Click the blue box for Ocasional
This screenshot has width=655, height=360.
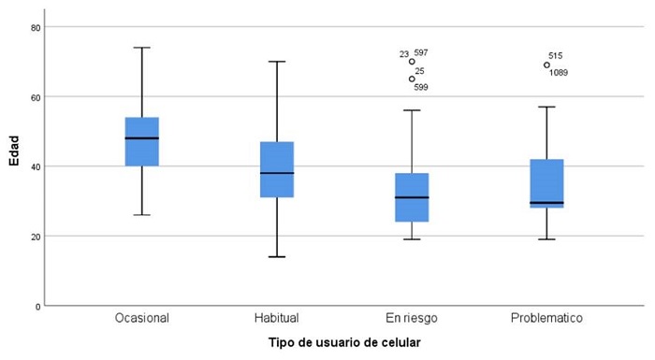[142, 141]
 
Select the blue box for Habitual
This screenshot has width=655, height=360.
[277, 169]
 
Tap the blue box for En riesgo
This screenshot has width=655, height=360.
[412, 197]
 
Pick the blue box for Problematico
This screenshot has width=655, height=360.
[546, 183]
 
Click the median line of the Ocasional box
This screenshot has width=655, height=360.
[142, 138]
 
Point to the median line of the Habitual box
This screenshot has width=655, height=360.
[277, 173]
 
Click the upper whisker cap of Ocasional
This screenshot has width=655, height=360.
[142, 48]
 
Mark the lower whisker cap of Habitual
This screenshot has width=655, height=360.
[277, 256]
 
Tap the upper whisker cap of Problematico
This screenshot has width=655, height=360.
[546, 107]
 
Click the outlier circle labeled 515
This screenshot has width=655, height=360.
[546, 65]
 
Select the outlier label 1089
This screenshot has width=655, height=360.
[559, 73]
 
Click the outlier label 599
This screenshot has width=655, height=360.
[420, 87]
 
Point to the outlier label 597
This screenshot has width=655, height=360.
[421, 53]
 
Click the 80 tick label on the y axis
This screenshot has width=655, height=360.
[34, 27]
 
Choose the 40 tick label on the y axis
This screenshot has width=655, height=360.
[34, 166]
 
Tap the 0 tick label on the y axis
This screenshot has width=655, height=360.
[36, 306]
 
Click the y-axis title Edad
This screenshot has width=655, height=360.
[14, 152]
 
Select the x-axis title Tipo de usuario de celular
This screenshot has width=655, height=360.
[343, 342]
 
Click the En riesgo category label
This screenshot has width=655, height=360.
[412, 318]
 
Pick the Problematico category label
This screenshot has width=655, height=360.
[546, 318]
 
